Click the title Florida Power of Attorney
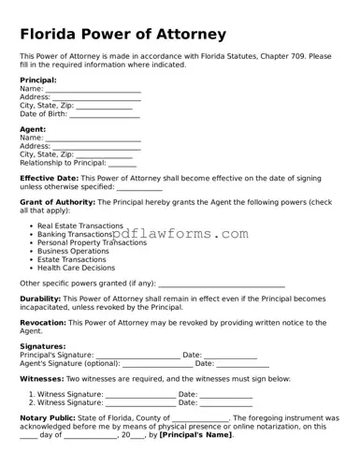coord(122,35)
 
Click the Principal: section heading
coord(38,80)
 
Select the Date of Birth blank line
coord(105,117)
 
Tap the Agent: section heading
coord(33,129)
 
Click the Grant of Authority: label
coord(62,202)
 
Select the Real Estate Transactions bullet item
coord(80,226)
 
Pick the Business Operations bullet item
coord(73,252)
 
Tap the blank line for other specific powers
coord(222,285)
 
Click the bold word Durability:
coord(40,299)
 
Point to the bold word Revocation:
coord(43,323)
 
